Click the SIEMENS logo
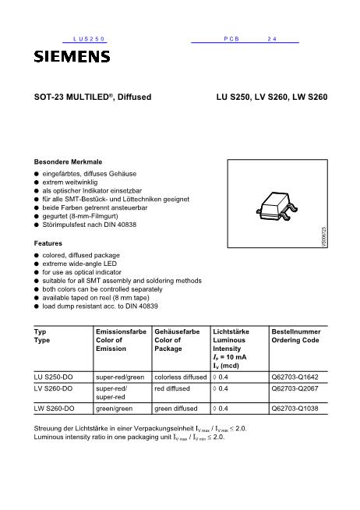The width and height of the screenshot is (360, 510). [72, 57]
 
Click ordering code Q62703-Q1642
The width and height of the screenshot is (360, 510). [295, 375]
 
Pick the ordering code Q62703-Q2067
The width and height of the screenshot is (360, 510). [295, 387]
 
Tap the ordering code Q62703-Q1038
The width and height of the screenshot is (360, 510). [295, 408]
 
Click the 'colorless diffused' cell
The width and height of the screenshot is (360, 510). [181, 375]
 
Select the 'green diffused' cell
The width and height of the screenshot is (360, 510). [176, 408]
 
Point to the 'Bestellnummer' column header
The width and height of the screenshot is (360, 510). [295, 331]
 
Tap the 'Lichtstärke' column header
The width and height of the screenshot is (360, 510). [231, 331]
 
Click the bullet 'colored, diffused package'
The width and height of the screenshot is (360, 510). [80, 254]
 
